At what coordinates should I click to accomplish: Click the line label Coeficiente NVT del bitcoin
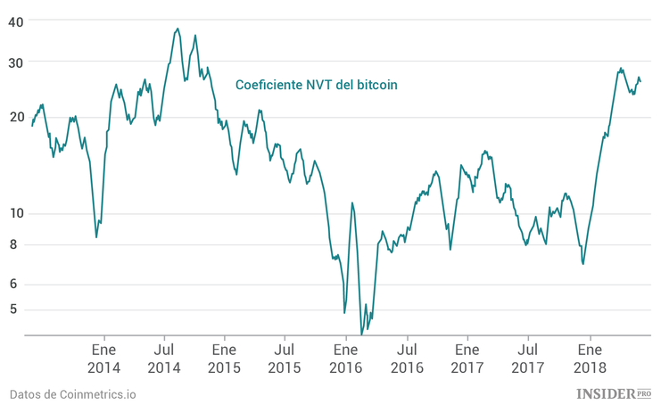tap(316, 85)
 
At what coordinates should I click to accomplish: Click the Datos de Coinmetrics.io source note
tap(73, 394)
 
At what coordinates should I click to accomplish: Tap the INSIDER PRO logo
tap(614, 393)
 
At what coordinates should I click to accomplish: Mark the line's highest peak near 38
tap(178, 29)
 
